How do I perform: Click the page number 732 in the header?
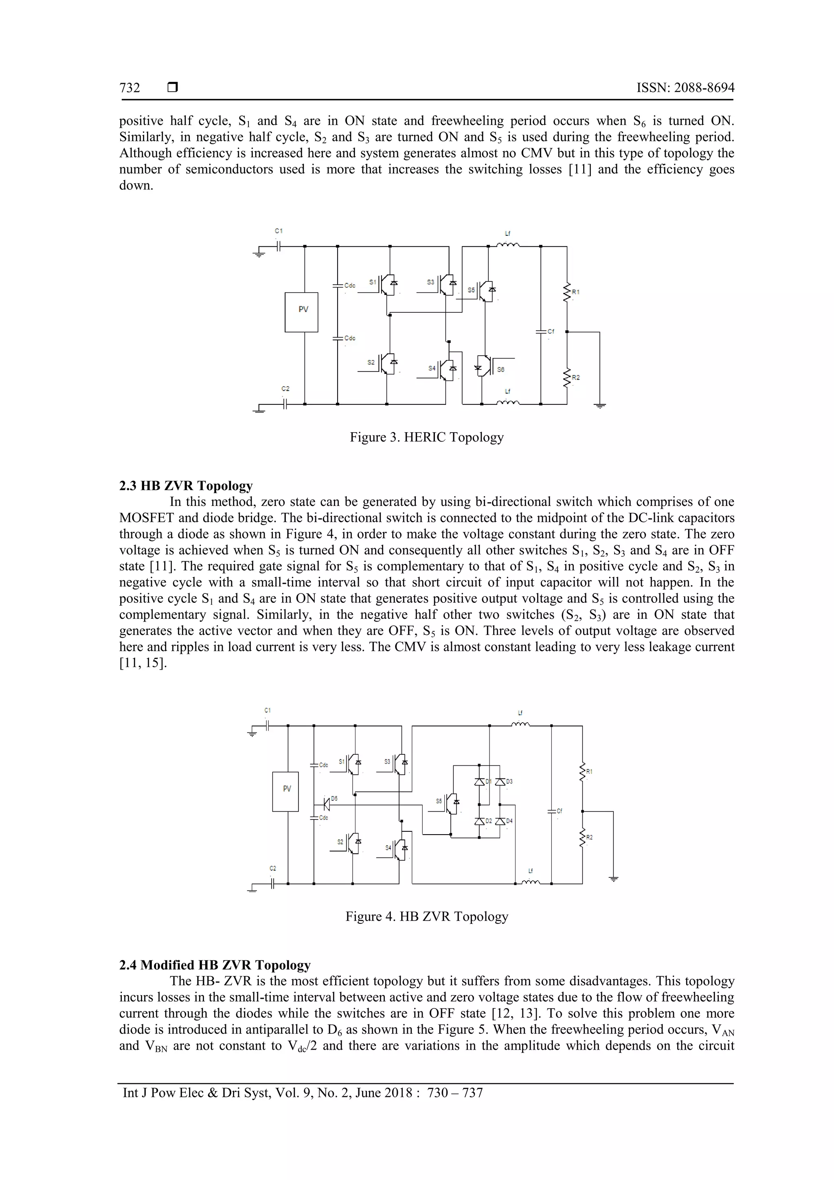tap(129, 88)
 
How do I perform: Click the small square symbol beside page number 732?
tap(173, 88)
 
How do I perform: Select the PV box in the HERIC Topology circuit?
tap(302, 312)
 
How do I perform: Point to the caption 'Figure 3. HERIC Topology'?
tap(426, 437)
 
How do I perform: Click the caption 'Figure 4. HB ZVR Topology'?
tap(426, 916)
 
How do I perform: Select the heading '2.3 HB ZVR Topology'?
tap(186, 486)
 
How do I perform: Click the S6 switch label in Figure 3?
tap(500, 369)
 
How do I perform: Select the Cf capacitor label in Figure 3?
tap(551, 332)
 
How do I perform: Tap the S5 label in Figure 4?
tap(439, 801)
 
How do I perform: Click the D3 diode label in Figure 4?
tap(509, 782)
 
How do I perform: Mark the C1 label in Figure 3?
tap(279, 231)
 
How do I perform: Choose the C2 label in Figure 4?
tap(273, 868)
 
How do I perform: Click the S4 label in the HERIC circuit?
tap(432, 369)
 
